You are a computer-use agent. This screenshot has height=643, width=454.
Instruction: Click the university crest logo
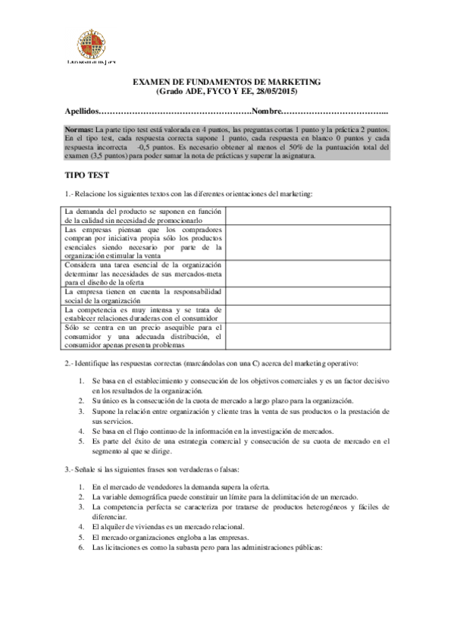pos(94,41)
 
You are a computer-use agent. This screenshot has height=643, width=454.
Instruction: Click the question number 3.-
pos(70,471)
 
